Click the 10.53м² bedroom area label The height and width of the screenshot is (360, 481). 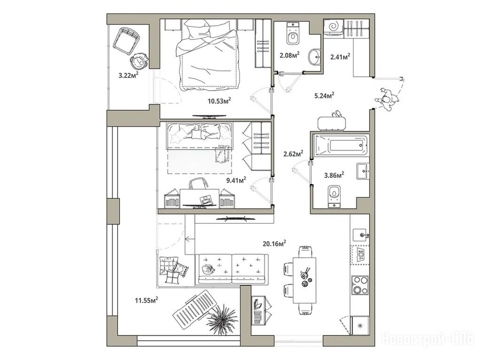(219, 101)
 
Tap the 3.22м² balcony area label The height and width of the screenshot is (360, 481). (128, 75)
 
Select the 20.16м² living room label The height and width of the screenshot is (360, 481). (274, 244)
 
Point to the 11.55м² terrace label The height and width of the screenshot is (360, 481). (147, 300)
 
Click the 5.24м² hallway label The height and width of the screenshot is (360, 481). (324, 96)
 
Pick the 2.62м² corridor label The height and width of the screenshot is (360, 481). (294, 153)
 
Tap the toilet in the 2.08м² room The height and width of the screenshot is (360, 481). (293, 33)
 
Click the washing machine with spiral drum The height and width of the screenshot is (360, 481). (334, 26)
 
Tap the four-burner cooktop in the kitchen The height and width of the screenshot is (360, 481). (360, 285)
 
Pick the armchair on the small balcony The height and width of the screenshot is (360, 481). (126, 41)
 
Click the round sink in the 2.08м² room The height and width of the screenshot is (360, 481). (314, 57)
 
